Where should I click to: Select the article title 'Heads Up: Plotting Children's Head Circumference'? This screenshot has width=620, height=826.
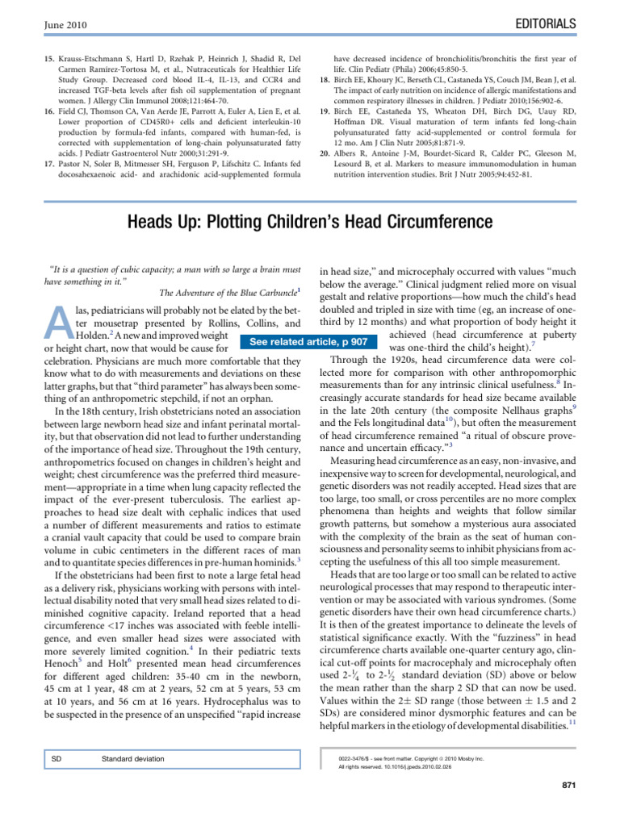[x=309, y=221]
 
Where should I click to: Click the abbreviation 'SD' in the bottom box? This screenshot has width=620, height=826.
[x=57, y=759]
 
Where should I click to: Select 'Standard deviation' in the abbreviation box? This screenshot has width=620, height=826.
[x=132, y=759]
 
